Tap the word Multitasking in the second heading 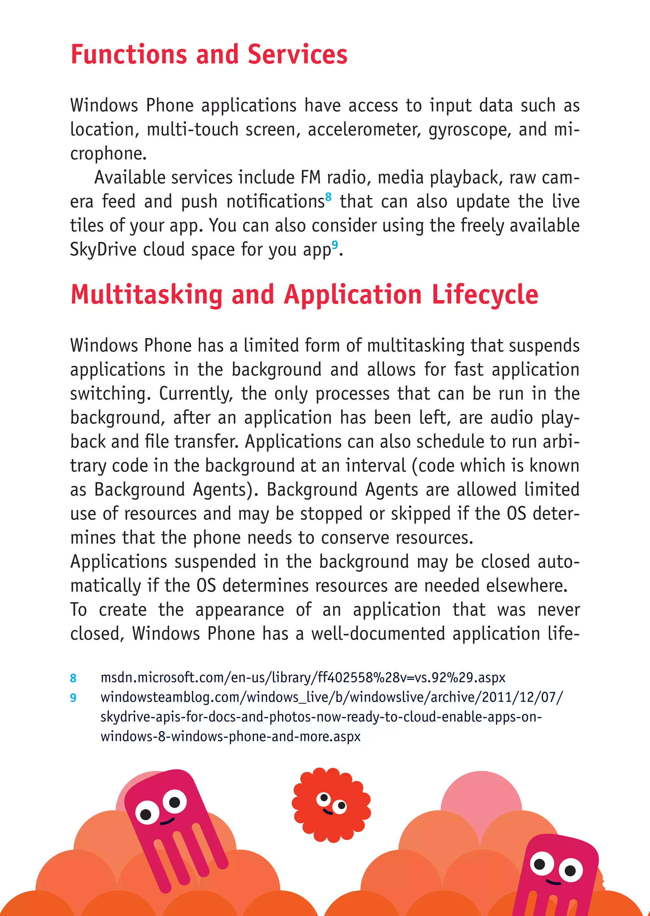tap(147, 295)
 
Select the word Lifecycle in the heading tap(485, 295)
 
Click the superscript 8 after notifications tap(328, 196)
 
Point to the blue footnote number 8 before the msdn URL tap(73, 678)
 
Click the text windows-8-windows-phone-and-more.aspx tap(230, 736)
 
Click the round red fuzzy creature tap(331, 805)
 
